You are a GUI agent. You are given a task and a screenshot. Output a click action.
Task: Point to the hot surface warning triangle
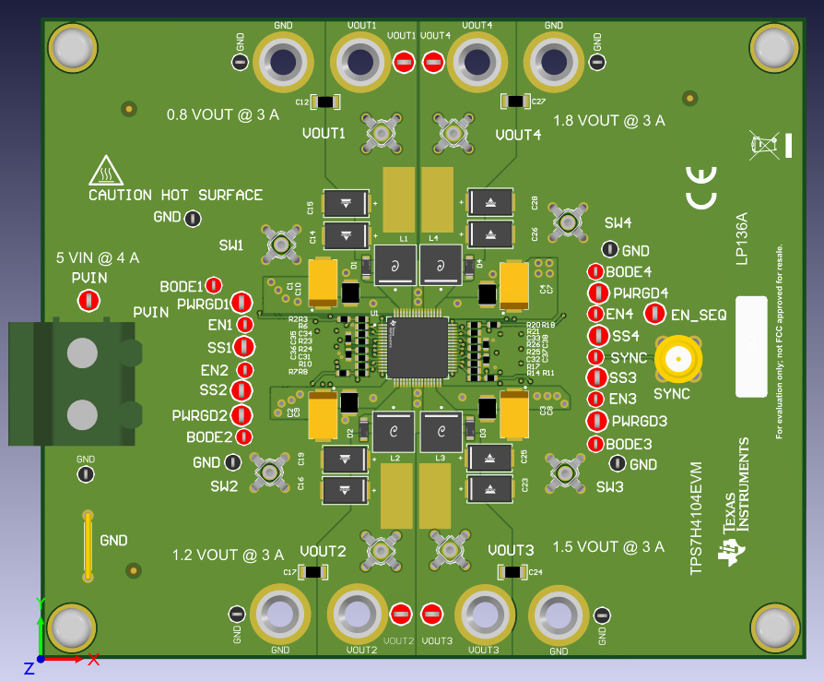107,171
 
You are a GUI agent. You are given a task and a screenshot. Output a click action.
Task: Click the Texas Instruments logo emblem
735,552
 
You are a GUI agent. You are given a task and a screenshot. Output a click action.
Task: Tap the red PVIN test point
88,300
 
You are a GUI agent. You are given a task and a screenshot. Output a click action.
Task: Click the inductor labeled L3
441,432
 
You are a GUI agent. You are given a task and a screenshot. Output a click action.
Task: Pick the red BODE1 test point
214,286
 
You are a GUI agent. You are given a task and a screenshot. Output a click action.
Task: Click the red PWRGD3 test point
595,421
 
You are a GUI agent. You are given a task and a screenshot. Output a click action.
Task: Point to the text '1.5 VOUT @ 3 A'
608,546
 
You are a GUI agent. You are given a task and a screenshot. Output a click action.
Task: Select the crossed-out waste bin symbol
764,144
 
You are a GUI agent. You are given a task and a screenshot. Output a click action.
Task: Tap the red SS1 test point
244,347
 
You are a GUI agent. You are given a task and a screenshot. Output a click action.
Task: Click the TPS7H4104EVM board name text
697,518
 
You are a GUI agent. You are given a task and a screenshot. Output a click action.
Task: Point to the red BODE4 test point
596,271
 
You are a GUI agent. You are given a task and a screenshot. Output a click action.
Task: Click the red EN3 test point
596,399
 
